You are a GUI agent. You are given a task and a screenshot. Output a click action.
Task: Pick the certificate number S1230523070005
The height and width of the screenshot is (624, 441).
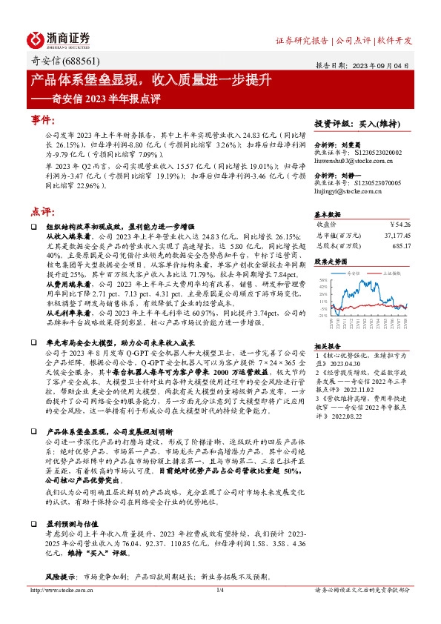378,182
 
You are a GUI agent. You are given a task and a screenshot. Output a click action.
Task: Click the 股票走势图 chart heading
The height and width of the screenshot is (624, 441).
330,262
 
